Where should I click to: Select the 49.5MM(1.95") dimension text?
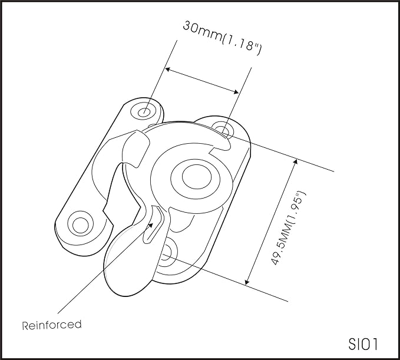click(288, 228)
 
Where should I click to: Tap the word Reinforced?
click(52, 325)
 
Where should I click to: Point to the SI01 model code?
click(363, 344)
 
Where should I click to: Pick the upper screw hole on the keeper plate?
click(144, 112)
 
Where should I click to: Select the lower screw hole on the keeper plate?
click(80, 224)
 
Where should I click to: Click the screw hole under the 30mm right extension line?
click(223, 130)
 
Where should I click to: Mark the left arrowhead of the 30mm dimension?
click(168, 70)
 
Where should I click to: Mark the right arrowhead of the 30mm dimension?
click(236, 92)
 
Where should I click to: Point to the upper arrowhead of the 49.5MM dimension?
click(295, 162)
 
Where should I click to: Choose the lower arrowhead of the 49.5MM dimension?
click(247, 281)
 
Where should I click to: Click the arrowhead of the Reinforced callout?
click(150, 225)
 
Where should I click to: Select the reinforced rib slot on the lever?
click(154, 224)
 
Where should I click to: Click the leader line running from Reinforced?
click(105, 268)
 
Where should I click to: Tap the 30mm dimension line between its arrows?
click(202, 81)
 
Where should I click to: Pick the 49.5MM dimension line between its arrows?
click(271, 222)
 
